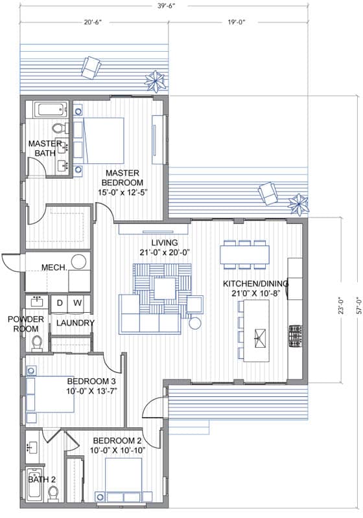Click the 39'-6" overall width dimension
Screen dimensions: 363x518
click(165, 6)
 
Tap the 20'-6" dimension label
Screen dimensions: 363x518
click(92, 23)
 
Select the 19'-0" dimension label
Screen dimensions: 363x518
click(237, 23)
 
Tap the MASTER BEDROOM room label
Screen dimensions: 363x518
click(123, 177)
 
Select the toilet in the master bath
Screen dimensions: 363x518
click(60, 128)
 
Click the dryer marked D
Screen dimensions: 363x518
click(60, 304)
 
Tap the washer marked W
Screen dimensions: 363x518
click(77, 304)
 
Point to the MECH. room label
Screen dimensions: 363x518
click(54, 267)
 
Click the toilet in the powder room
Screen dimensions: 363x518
click(37, 343)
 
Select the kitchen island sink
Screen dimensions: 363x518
click(260, 338)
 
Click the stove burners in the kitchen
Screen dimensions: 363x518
click(295, 336)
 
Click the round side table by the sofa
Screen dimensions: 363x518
click(195, 322)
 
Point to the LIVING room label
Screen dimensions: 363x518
click(165, 242)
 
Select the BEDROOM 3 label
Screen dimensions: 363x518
click(91, 381)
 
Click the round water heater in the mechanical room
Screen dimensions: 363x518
click(78, 262)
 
